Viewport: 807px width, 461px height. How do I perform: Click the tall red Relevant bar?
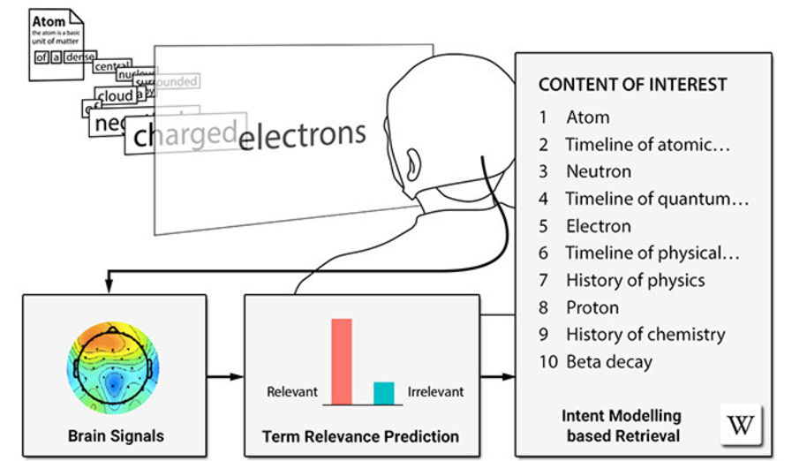tap(342, 360)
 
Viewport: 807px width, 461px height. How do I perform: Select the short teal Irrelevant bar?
tap(383, 393)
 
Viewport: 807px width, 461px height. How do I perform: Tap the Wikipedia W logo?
tap(740, 426)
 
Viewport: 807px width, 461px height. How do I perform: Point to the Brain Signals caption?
tap(116, 436)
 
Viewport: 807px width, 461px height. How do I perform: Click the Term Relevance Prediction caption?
tap(360, 436)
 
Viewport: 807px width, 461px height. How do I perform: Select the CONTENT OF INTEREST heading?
tap(632, 85)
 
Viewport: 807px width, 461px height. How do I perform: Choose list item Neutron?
tap(599, 171)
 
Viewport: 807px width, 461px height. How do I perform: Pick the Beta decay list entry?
tap(609, 361)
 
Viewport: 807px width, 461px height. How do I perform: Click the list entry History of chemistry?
tap(645, 335)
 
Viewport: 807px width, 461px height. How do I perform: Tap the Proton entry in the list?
tap(592, 307)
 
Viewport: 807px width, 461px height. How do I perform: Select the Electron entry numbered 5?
tap(599, 226)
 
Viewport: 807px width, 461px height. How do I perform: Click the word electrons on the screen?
tap(303, 136)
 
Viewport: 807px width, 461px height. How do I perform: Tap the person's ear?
tap(414, 163)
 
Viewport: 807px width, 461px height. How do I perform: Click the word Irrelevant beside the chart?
tap(435, 391)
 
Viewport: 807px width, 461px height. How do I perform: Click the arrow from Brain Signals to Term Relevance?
tap(224, 377)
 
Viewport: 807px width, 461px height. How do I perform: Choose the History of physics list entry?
tap(635, 280)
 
